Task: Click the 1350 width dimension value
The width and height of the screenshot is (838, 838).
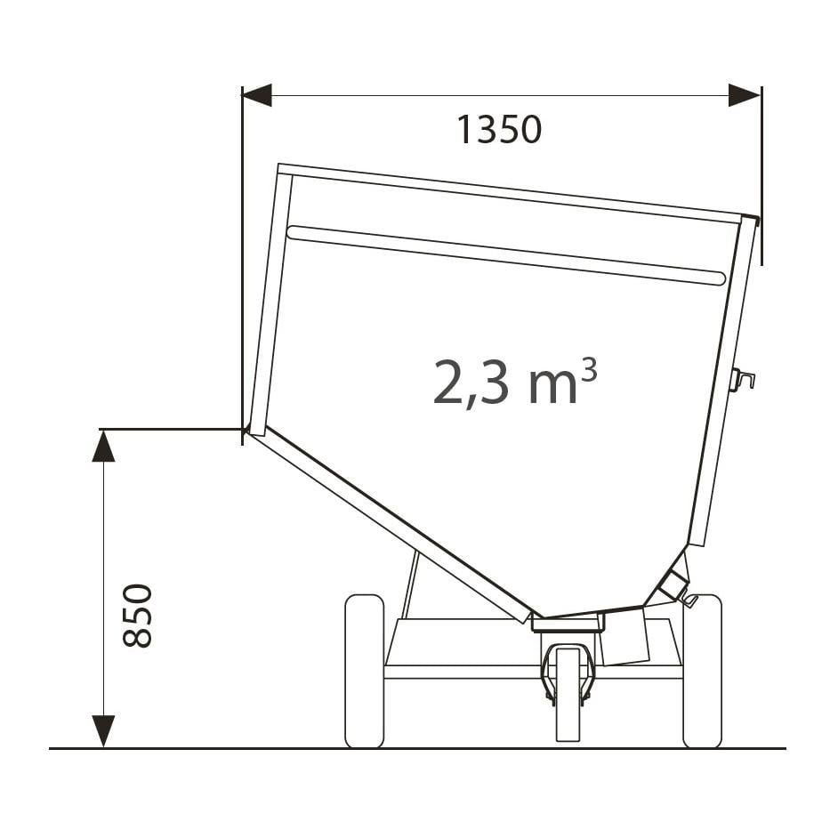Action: [x=499, y=130]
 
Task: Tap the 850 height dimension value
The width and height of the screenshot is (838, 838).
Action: [x=138, y=616]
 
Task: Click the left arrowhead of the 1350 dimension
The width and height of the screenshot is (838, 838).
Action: [x=256, y=96]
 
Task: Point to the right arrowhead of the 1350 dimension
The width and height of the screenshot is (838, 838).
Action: [x=745, y=96]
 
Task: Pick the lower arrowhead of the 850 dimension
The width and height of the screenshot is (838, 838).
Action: [x=103, y=731]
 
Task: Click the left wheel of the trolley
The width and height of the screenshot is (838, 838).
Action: [x=365, y=671]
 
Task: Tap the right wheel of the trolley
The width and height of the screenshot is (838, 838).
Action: [x=703, y=671]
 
